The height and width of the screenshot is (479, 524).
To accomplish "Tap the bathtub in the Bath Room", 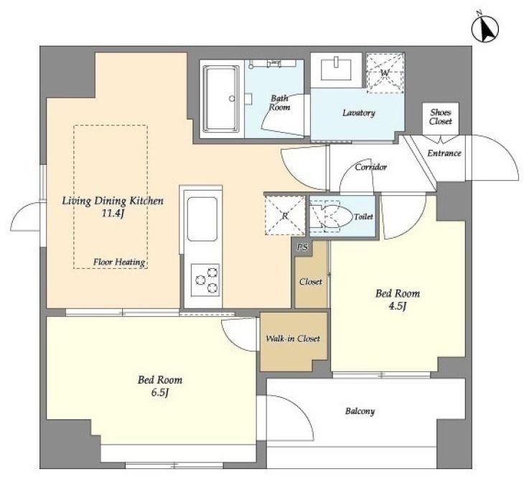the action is (222, 98).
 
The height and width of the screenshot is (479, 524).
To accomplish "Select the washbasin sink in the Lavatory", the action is (336, 68).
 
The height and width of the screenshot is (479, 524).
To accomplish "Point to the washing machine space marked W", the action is (385, 72).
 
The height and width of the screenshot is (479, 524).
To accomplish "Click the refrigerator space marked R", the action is (285, 216).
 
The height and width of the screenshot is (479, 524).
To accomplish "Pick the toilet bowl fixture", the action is (336, 217).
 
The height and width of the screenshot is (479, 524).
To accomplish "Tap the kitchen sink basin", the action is (202, 219).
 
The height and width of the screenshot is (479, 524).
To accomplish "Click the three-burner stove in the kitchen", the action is (205, 280).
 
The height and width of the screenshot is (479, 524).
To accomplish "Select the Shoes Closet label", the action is (441, 117).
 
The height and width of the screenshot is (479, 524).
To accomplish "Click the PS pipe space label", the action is (303, 247).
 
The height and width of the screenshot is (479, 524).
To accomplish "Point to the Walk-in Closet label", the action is (293, 338).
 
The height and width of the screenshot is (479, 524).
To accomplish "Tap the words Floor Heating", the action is (119, 262).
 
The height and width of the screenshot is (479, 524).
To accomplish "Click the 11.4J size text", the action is (113, 213).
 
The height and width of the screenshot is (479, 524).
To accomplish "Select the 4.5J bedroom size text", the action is (398, 306).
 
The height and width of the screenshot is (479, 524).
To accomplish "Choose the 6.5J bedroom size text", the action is (160, 392).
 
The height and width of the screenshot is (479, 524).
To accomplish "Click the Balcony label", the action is (360, 411).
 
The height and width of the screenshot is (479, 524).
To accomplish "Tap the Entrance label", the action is (444, 153).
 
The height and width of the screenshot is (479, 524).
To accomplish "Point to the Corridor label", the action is (371, 166).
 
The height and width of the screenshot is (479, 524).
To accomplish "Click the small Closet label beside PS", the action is (311, 281).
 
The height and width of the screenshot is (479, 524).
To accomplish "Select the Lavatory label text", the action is (359, 113).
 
